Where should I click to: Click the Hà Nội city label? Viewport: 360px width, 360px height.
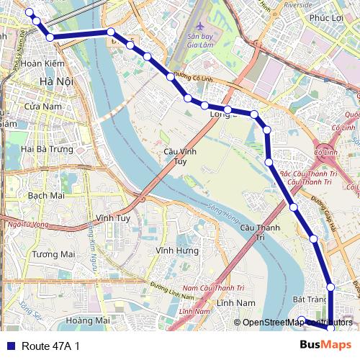[x=56, y=81]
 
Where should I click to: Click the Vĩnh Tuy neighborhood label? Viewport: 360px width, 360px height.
[x=112, y=217]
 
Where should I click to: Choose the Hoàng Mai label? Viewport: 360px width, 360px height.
[x=87, y=320]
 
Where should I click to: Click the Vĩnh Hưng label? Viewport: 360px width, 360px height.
[x=176, y=250]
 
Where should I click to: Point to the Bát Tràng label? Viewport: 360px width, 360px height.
[x=310, y=299]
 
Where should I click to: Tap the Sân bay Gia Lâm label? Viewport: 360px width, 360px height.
[x=203, y=40]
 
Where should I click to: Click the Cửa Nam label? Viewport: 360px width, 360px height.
[x=40, y=106]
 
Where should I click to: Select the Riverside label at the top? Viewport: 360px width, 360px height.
[x=297, y=4]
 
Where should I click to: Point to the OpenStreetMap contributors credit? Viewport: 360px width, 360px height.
[x=297, y=323]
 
